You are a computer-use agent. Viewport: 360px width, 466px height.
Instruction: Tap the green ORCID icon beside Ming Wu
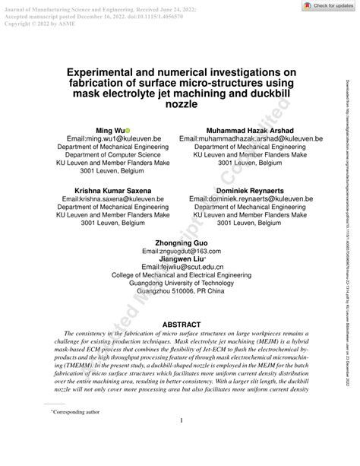(x=128, y=131)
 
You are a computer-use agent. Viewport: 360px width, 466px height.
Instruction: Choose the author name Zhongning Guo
(x=181, y=243)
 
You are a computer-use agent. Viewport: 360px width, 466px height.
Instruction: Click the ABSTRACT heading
(x=180, y=325)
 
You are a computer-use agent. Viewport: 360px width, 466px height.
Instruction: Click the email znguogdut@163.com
(x=181, y=251)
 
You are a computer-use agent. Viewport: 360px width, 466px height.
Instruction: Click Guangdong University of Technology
(x=181, y=285)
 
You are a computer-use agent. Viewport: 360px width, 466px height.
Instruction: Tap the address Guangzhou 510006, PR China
(x=181, y=293)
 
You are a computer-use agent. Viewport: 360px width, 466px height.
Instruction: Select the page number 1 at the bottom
(x=180, y=442)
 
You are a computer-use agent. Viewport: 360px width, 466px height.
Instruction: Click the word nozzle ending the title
(x=180, y=103)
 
